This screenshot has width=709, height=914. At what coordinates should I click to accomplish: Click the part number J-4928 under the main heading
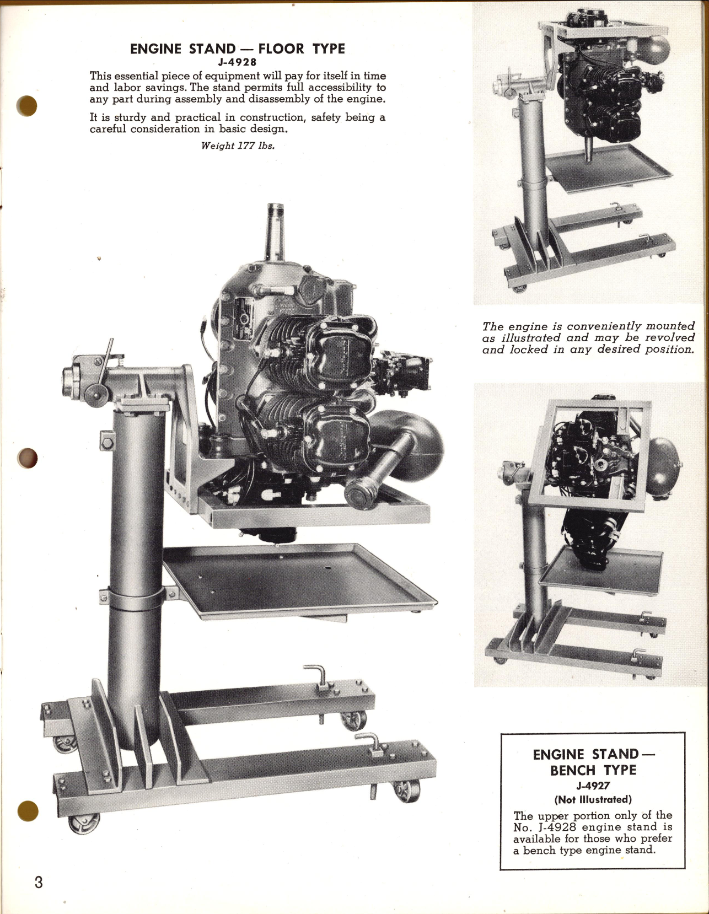click(237, 62)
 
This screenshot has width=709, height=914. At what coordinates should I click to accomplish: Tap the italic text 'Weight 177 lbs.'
click(238, 146)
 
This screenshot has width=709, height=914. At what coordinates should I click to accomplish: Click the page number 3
click(38, 883)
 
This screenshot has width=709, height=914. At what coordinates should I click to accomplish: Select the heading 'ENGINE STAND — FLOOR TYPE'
click(237, 49)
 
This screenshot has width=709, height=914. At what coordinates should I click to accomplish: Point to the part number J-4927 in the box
click(593, 786)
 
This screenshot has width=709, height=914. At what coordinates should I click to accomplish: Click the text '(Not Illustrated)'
click(593, 799)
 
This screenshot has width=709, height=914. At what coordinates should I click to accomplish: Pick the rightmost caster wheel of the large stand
click(407, 791)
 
